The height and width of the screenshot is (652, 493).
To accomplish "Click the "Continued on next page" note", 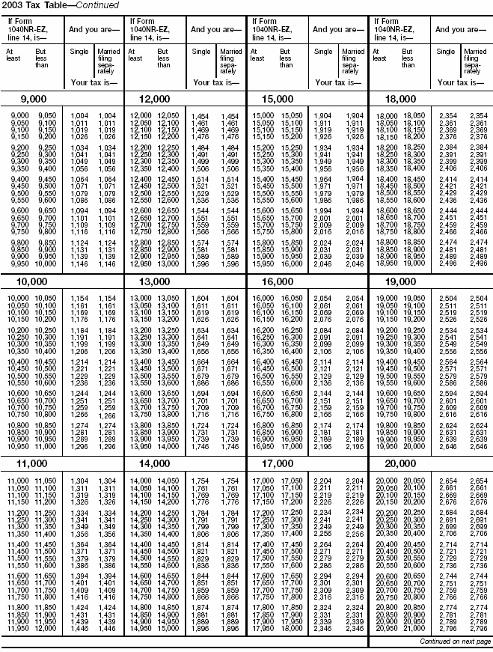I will coord(455,642).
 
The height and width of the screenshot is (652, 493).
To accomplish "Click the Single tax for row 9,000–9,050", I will coord(79,115).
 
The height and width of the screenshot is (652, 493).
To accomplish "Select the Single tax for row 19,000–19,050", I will coord(447,298).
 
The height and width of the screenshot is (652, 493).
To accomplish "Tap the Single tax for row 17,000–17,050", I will coord(323,480).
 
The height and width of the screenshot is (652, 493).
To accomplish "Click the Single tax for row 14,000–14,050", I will coord(200,480).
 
